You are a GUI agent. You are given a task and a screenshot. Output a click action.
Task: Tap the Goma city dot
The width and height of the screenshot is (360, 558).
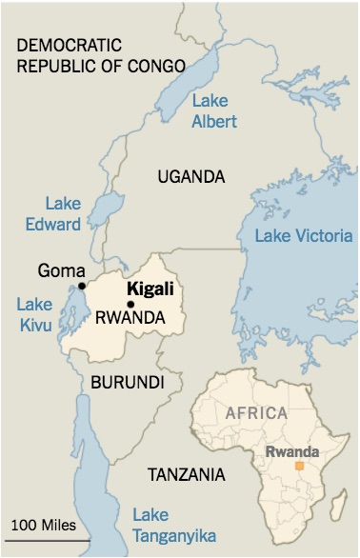82,286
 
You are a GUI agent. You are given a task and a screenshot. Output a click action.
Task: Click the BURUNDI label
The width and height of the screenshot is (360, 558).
128,382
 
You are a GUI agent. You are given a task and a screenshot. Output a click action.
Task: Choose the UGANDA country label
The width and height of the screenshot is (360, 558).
191,177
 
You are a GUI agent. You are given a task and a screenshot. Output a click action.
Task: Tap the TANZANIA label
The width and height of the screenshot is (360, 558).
187,473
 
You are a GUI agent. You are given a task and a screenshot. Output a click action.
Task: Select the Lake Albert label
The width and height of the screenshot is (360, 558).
216,111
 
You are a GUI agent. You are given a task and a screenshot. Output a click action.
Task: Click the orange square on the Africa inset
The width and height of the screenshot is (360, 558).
299,466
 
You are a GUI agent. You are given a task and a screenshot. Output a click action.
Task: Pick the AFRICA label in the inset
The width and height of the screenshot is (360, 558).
256,412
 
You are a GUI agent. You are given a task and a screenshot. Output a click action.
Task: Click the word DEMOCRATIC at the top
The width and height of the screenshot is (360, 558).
70,46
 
